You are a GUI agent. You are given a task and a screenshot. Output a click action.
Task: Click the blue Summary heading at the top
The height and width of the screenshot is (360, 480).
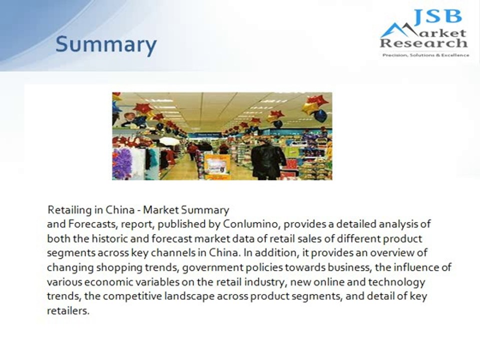point(105,45)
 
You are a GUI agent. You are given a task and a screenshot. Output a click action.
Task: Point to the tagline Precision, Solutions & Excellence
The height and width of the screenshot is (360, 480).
point(425,55)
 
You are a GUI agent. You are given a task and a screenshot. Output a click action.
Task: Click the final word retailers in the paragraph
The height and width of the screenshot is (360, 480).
point(68,311)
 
